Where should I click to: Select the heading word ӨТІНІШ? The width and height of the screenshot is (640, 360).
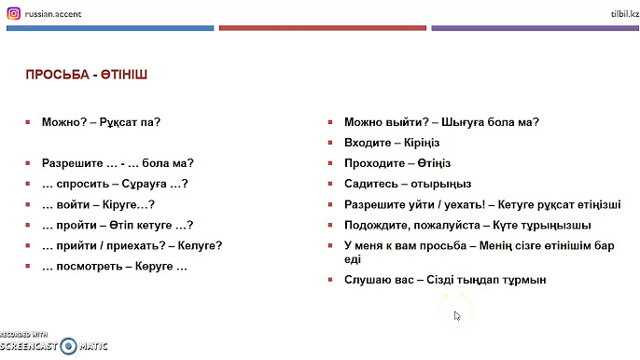tap(124, 73)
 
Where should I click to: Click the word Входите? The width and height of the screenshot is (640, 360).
tap(368, 142)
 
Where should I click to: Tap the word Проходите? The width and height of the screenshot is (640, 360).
tap(375, 163)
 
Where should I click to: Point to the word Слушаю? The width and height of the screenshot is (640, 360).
tap(369, 280)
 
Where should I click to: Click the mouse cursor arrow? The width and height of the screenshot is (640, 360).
tap(457, 315)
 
